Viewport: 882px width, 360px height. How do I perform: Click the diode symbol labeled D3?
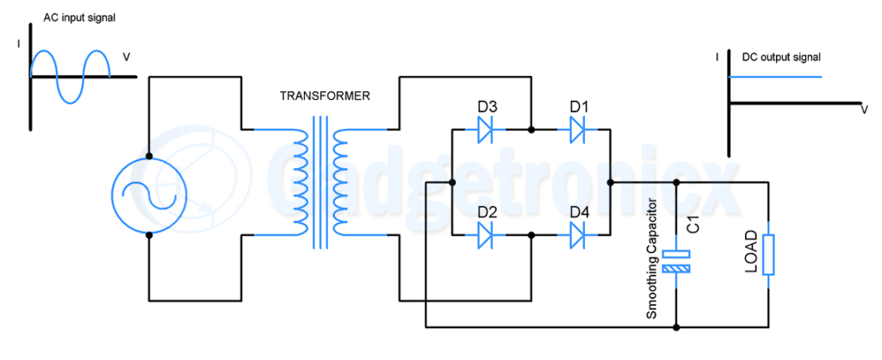pos(484,129)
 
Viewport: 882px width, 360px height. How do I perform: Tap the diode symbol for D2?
pos(484,236)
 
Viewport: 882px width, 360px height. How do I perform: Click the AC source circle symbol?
pos(149,196)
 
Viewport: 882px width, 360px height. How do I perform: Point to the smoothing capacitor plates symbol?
pos(676,262)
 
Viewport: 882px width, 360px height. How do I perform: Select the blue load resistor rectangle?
pos(769,256)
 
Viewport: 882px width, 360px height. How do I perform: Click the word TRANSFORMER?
pos(325,96)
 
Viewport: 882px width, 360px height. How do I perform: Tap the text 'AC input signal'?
pos(79,17)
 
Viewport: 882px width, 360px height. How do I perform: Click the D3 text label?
pos(488,107)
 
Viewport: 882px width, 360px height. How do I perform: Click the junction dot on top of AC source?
pos(149,156)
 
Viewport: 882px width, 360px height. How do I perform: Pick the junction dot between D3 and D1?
pos(531,129)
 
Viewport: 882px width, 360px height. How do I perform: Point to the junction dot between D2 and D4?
pos(531,236)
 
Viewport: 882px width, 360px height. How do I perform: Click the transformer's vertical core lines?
pos(320,183)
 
